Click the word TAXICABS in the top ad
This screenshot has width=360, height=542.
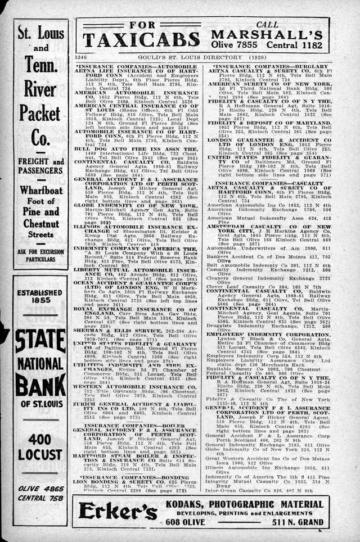[141, 39]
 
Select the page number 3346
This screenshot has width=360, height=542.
[81, 57]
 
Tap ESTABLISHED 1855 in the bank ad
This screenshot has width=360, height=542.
[39, 297]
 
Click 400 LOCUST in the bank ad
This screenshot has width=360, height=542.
[40, 446]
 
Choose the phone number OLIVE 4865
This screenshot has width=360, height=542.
[40, 489]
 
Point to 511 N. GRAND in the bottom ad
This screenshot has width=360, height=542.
[298, 522]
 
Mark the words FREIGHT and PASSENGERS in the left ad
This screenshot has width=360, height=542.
[40, 166]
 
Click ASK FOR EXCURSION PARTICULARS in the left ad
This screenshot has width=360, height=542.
[40, 255]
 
